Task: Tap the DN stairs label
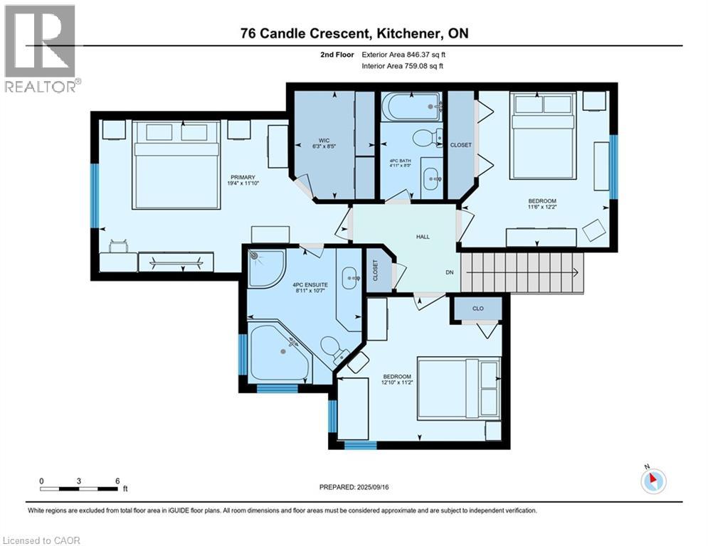450,272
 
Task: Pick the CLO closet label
478,309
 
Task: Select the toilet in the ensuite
331,348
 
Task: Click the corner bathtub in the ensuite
278,351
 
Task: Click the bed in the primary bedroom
176,164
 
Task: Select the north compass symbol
652,481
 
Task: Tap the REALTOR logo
41,49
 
